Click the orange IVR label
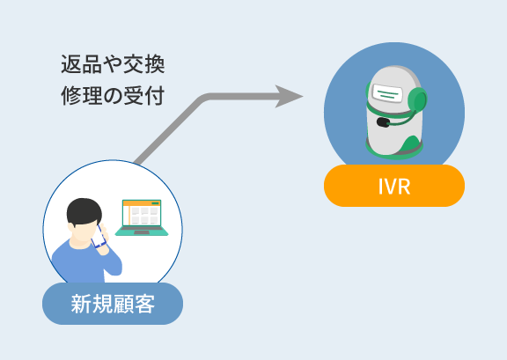[394, 186]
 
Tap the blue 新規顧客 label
[113, 304]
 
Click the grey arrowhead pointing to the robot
[289, 97]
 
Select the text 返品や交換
[113, 64]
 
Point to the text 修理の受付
[113, 95]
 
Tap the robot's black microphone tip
[383, 122]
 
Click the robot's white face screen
[387, 92]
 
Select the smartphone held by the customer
[99, 236]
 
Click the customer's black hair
[84, 210]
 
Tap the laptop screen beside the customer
[142, 212]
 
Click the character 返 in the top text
[71, 64]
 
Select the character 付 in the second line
[155, 96]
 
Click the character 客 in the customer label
[144, 304]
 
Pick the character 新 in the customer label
[81, 304]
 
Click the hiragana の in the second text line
[113, 96]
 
